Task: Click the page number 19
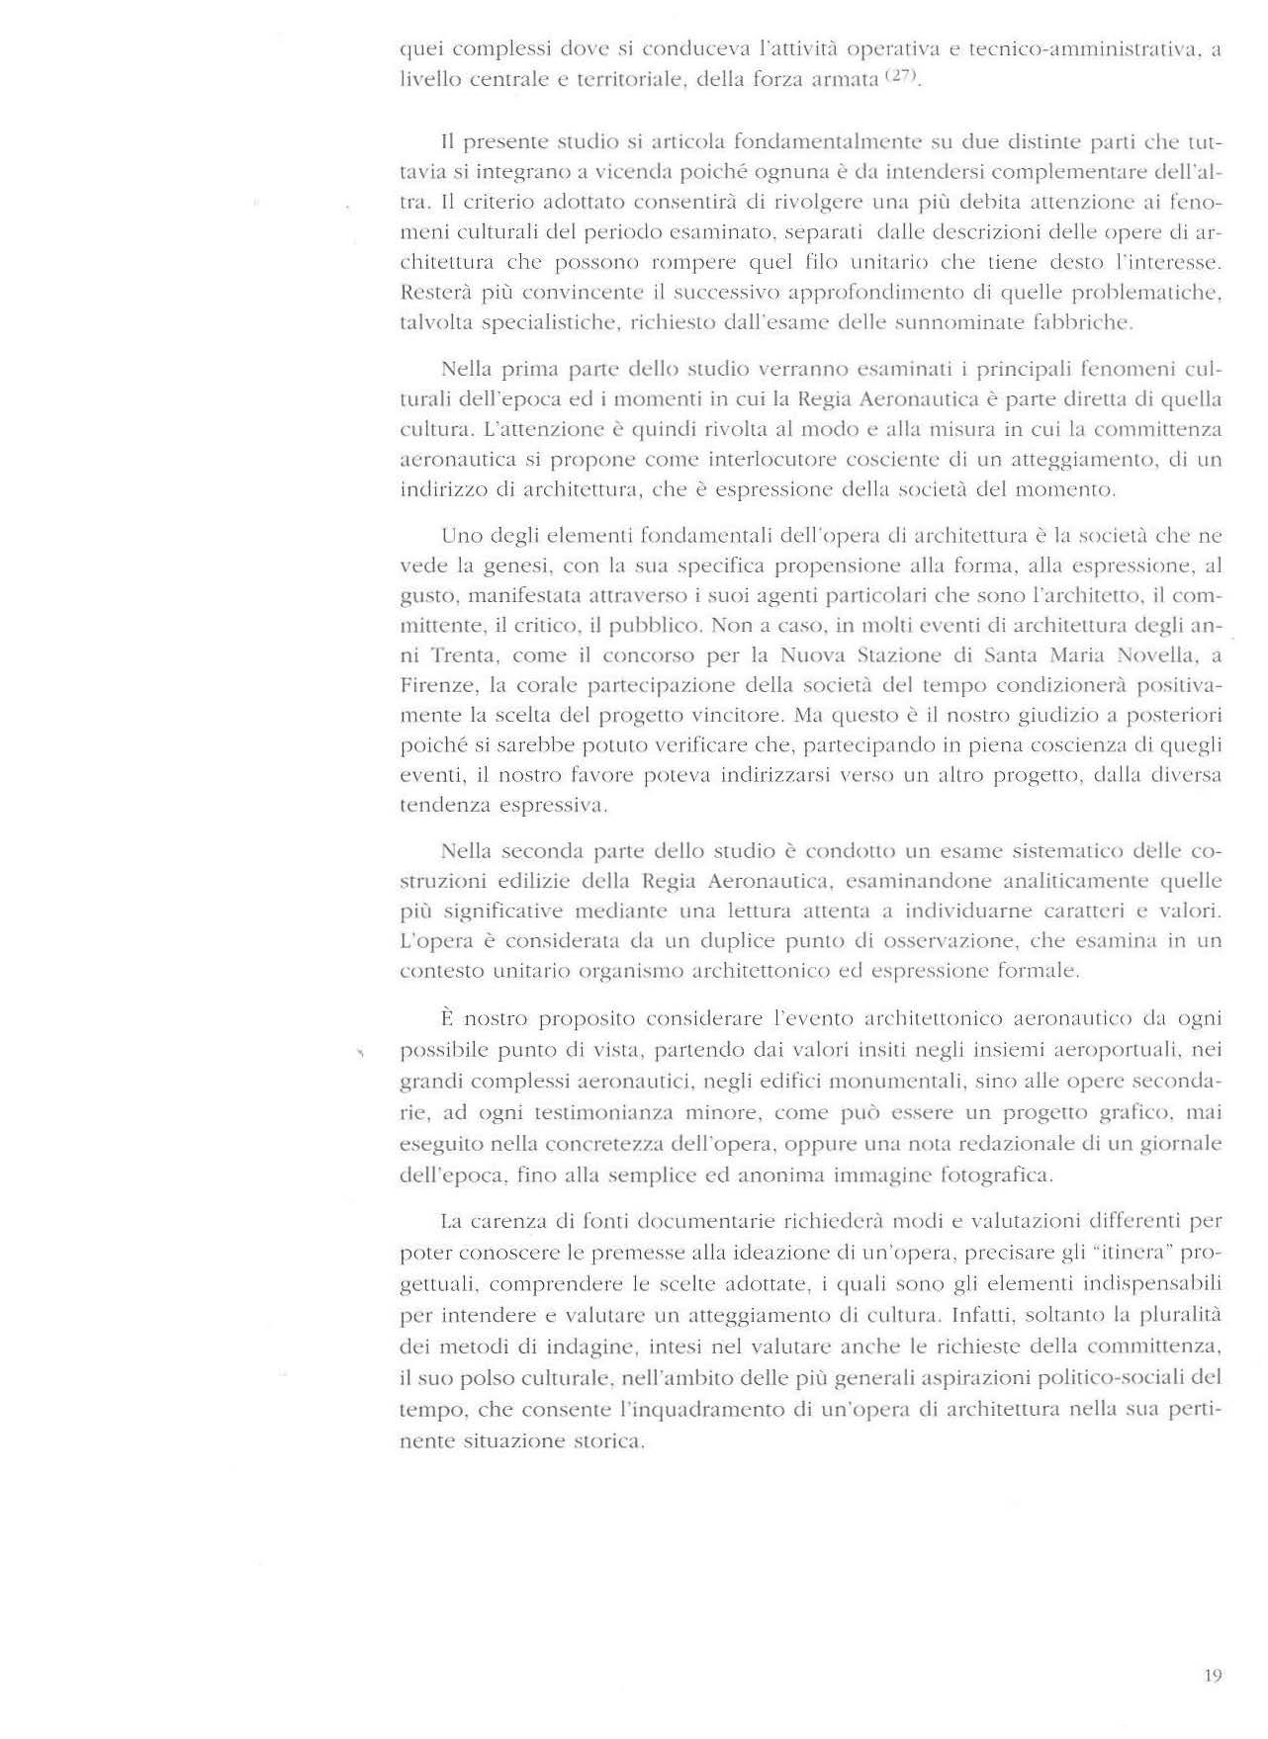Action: coord(1214,1675)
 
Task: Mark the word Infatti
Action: coord(985,1315)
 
